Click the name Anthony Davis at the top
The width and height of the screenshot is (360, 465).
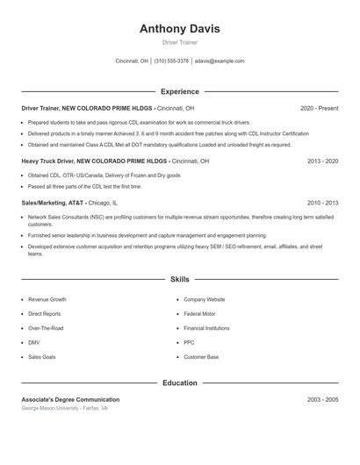coord(179,28)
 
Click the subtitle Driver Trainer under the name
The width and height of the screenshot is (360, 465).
coord(179,42)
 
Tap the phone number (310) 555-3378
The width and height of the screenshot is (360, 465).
coord(171,61)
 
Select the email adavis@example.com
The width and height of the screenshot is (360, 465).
coord(220,61)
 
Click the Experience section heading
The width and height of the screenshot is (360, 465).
coord(179,91)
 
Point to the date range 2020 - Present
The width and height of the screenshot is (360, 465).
coord(319,108)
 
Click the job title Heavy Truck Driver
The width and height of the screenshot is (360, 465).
coord(47,161)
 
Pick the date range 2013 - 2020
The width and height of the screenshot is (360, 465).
coord(322,161)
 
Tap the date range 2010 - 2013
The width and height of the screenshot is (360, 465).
coord(322,203)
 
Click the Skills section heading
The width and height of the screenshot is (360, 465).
coord(179,278)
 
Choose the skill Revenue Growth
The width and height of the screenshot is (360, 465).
coord(47,299)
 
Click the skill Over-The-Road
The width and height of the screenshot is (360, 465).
coord(46,328)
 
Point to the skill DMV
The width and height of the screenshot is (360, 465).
coord(33,342)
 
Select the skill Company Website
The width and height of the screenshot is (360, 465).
coord(204,299)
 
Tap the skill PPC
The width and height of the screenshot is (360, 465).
coord(189,342)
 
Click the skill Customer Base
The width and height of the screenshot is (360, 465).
coord(201,357)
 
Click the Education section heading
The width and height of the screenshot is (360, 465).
coord(179,383)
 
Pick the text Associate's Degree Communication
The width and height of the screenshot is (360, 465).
coord(70,399)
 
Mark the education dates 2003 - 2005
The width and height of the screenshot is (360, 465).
coord(322,399)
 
